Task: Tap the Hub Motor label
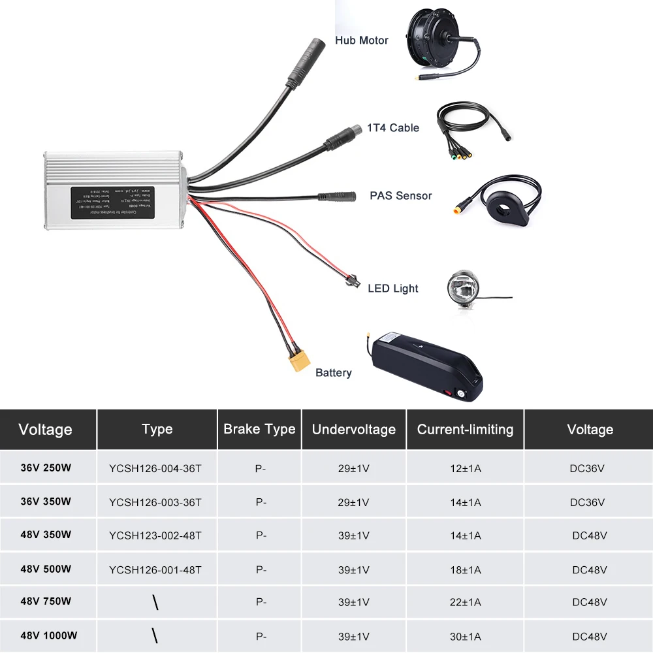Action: click(362, 40)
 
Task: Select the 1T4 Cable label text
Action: click(393, 128)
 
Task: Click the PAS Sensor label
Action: click(401, 195)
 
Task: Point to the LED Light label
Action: click(393, 289)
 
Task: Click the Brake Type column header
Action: click(259, 429)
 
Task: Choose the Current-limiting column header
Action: click(465, 429)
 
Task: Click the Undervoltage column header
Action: click(354, 429)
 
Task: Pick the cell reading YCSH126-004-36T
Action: click(155, 468)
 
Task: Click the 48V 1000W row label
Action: click(49, 635)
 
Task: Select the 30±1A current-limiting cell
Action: click(465, 636)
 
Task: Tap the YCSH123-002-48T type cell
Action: click(155, 535)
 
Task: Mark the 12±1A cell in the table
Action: click(465, 468)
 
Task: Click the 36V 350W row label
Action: click(46, 502)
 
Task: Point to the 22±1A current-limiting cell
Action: click(465, 602)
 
